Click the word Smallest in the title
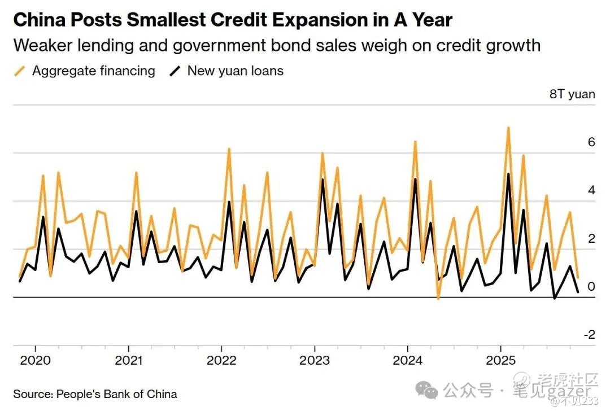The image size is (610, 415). point(159,20)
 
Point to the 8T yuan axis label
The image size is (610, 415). point(572,94)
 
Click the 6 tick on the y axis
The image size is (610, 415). point(591,142)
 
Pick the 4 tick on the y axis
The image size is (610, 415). point(591,190)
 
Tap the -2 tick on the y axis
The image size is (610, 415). point(589,335)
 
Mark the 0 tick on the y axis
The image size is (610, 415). point(591,287)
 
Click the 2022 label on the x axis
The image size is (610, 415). point(221,361)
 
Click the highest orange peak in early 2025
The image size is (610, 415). point(508,128)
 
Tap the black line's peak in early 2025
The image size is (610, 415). point(508,174)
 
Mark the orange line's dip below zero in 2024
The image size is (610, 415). point(438,298)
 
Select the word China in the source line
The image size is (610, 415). point(162,394)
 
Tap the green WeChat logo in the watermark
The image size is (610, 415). point(426,389)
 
